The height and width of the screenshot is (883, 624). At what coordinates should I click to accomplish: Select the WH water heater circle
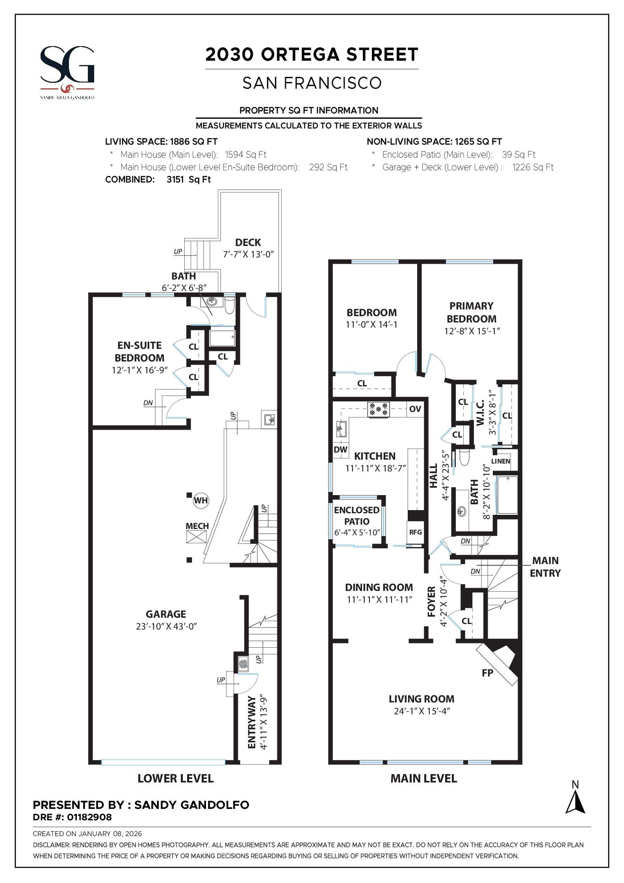[x=201, y=501]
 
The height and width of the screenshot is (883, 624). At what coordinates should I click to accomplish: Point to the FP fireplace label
[x=487, y=672]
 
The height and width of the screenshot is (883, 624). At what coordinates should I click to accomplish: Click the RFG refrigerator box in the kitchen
[x=415, y=532]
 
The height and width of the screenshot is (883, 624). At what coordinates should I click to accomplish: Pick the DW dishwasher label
[x=340, y=449]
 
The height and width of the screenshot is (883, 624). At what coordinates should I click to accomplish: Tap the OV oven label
[x=415, y=409]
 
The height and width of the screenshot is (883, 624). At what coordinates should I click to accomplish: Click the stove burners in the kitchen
[x=379, y=409]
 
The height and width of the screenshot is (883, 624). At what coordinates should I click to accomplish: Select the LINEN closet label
[x=501, y=461]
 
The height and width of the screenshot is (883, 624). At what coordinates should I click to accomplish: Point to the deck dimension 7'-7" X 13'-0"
[x=248, y=254]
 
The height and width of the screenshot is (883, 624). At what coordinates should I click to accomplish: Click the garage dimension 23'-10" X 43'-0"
[x=166, y=626]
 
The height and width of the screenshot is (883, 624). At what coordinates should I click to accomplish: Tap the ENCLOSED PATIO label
[x=357, y=515]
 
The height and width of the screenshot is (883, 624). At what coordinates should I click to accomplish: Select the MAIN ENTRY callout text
[x=545, y=566]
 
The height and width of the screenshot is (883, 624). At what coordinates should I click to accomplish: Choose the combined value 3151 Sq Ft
[x=188, y=180]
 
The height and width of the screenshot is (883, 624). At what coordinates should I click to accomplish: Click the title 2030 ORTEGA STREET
[x=312, y=55]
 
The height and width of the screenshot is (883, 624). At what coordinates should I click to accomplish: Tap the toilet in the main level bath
[x=463, y=458]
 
